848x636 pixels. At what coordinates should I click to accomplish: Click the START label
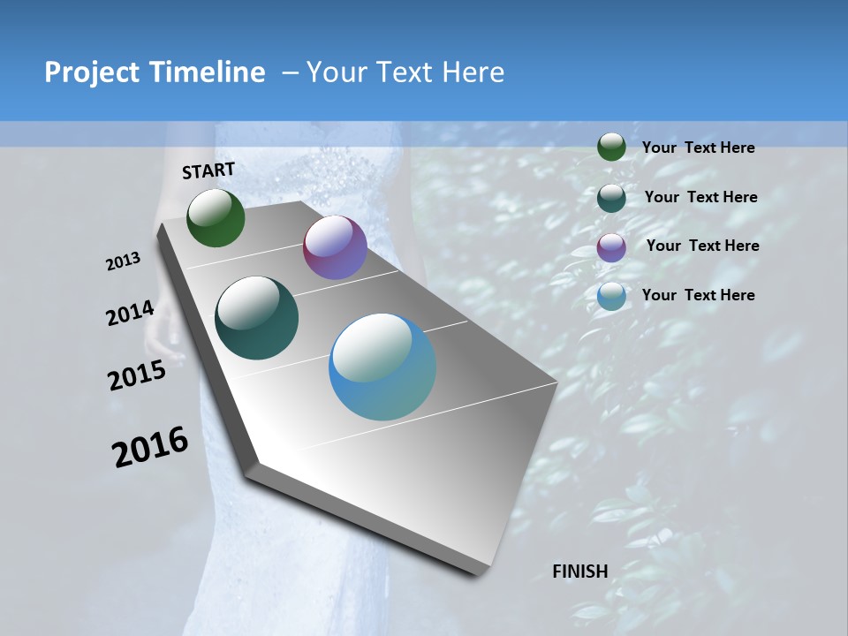[208, 170]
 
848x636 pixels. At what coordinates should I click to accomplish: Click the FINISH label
[579, 572]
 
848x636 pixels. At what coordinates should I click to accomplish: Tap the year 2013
[124, 261]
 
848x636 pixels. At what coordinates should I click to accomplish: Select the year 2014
[130, 314]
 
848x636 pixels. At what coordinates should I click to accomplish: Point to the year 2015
[137, 375]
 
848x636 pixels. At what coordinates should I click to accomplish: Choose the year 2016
[150, 447]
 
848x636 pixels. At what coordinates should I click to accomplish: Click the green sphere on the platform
[216, 218]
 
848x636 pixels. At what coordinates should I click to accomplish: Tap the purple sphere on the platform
[335, 248]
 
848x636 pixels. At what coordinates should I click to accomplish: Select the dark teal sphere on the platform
[256, 318]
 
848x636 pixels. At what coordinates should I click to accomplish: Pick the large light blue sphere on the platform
[382, 367]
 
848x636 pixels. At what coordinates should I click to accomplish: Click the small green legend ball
[611, 148]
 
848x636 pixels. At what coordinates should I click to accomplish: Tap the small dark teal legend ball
[611, 198]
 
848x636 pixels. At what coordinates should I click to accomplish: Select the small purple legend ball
[611, 247]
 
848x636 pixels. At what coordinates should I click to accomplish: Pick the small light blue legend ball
[611, 296]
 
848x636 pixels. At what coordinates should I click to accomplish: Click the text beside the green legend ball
[698, 148]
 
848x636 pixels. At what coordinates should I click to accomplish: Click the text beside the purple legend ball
[702, 246]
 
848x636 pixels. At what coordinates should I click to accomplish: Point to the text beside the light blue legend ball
[698, 295]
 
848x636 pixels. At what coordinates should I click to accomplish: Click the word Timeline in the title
[208, 72]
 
